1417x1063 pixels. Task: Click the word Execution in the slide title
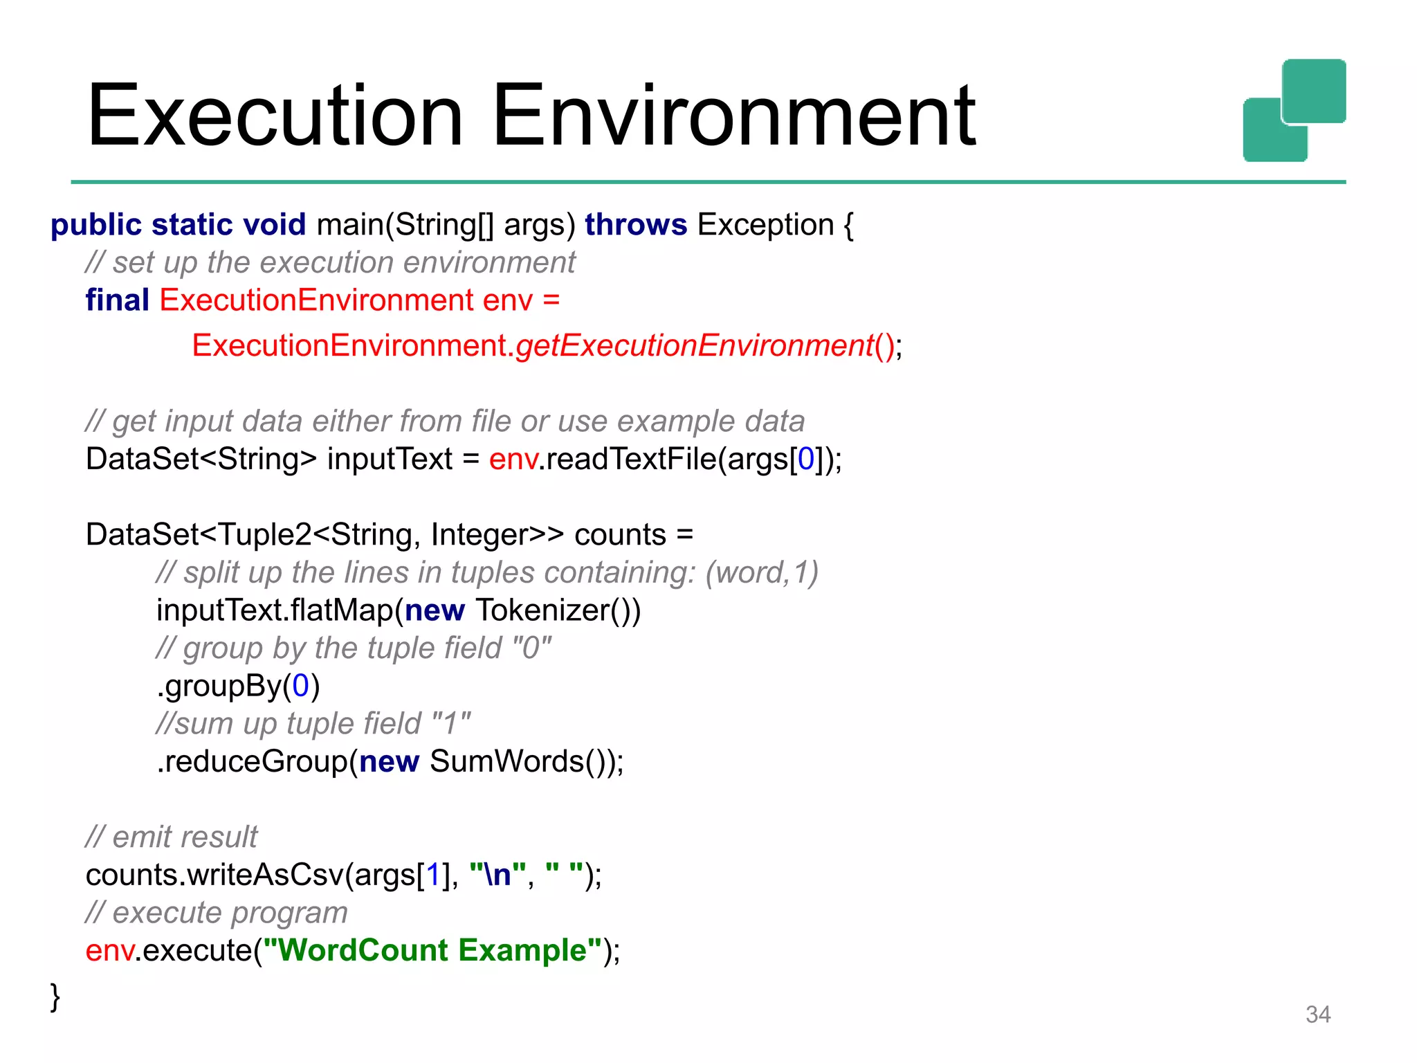[275, 116]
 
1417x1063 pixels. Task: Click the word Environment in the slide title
[733, 116]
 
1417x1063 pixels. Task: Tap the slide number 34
[1317, 1015]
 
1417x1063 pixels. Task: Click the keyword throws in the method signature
[636, 225]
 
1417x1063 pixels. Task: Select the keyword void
[275, 225]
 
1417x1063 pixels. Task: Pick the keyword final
[117, 300]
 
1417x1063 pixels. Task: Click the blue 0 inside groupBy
[300, 686]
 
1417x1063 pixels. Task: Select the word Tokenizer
[542, 610]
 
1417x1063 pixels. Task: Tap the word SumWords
[507, 761]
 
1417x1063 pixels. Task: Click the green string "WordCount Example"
[432, 950]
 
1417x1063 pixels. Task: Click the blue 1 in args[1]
[433, 875]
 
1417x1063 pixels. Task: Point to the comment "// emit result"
[171, 837]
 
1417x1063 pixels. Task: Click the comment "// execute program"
[216, 913]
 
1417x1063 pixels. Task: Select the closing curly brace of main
[55, 997]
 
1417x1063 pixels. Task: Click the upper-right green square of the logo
[1314, 90]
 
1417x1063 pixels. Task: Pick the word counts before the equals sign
[620, 535]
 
